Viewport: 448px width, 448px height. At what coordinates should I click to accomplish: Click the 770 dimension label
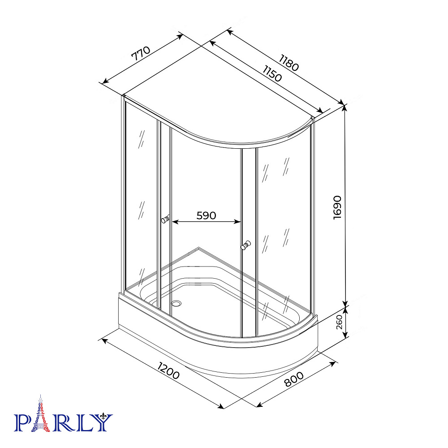click(x=141, y=54)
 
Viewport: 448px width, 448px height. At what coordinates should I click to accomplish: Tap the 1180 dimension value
click(x=289, y=63)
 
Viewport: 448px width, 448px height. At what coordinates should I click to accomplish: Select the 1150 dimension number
click(x=272, y=73)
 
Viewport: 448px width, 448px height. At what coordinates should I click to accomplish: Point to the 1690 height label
click(x=337, y=207)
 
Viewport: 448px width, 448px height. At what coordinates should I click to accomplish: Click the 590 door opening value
click(x=206, y=215)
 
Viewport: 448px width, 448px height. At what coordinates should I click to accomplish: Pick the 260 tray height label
click(x=339, y=322)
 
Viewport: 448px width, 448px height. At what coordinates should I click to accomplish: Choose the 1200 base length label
click(x=168, y=370)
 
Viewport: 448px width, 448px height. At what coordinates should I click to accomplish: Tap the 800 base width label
click(x=294, y=379)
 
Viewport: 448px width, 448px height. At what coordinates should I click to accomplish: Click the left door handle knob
click(x=165, y=219)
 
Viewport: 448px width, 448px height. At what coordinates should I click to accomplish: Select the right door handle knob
click(x=246, y=245)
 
